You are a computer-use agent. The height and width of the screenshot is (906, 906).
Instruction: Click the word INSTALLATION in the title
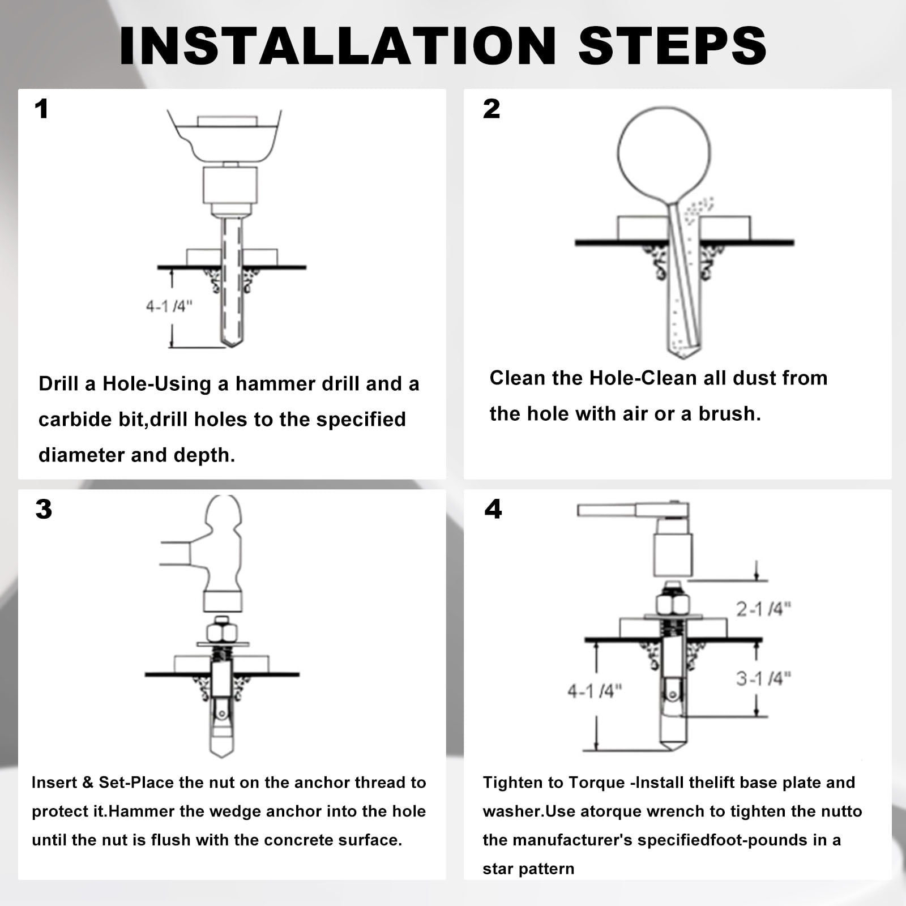click(x=338, y=45)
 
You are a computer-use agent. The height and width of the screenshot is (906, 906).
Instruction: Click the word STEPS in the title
click(x=672, y=45)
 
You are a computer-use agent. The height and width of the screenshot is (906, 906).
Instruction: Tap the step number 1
click(x=41, y=109)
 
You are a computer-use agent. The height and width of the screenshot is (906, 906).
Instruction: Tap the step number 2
click(x=492, y=109)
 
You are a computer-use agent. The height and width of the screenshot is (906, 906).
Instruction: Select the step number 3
click(x=44, y=509)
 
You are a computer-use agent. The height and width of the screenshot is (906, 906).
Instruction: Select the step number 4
click(x=493, y=509)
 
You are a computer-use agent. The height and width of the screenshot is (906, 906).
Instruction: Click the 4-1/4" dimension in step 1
click(x=169, y=306)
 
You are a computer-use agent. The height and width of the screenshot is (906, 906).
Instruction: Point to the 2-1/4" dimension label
click(x=763, y=609)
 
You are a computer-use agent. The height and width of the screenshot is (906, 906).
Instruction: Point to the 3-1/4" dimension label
click(x=763, y=678)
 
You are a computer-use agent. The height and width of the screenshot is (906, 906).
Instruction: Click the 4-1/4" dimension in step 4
click(x=595, y=691)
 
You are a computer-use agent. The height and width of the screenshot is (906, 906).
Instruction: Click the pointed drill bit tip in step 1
click(x=231, y=342)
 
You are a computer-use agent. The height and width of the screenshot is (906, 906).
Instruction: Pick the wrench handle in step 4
click(x=606, y=511)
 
